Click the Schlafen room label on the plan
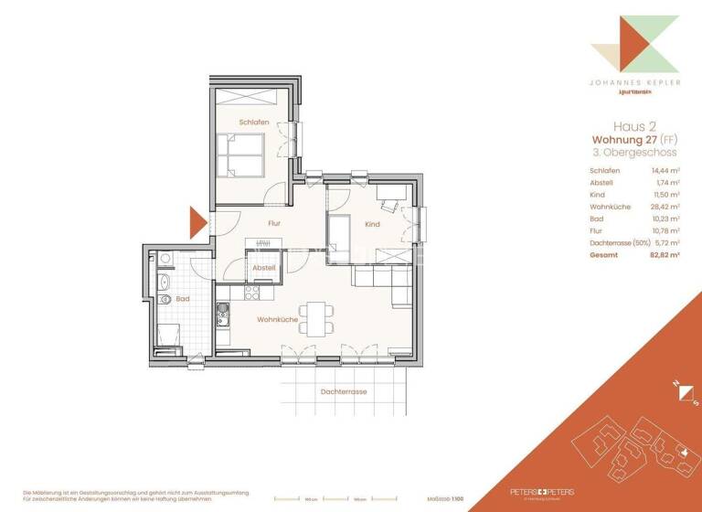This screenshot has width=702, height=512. [255, 122]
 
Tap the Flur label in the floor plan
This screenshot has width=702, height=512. [272, 222]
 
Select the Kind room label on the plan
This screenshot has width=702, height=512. [372, 224]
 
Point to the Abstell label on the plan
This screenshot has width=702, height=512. [264, 267]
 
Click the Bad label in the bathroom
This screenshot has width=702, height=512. [183, 299]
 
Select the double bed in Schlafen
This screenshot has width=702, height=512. [242, 155]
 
